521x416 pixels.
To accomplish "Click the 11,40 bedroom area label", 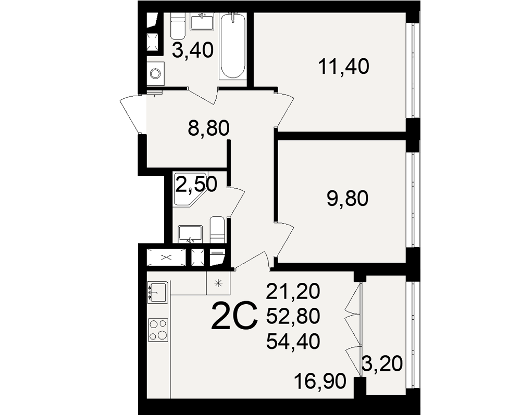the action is coord(343,67).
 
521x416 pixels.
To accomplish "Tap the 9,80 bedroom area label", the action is coord(348,199).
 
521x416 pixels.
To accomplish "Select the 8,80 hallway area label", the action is coord(209,128).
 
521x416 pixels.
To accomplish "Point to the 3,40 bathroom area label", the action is coord(193,51).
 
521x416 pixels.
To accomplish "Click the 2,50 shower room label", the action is coord(196,184).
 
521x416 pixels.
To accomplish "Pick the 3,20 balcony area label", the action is coord(382,363).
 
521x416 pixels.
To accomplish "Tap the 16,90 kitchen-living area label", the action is coord(320,381).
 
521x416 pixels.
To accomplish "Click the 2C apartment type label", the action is coord(234,316).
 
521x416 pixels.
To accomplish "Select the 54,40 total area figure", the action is coord(293,341).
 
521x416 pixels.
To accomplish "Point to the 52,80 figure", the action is coord(293,316).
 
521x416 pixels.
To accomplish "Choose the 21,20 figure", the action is coord(293,291).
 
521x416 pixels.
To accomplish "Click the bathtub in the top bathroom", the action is coord(233,46).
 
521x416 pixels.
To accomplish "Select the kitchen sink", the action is coord(157,292).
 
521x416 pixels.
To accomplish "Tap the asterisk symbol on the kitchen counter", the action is coord(218,283).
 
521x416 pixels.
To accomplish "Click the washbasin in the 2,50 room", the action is coord(190,234).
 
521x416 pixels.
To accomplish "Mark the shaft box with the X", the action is coord(166,257).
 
